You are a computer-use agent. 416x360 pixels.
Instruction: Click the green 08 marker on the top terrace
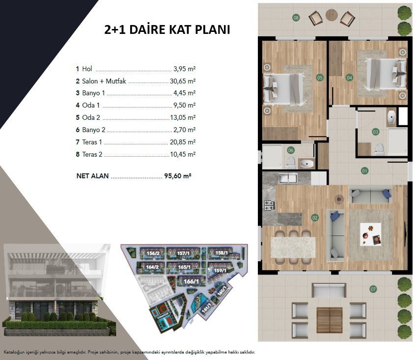coord(296,18)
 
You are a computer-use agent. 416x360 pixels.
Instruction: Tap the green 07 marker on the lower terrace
coord(373,289)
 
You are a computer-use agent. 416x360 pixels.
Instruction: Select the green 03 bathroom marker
coord(375,132)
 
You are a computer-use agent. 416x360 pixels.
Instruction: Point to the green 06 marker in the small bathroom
coord(291,150)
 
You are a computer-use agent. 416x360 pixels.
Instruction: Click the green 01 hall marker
coord(364,171)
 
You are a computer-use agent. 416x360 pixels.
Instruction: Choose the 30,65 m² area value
coord(183,81)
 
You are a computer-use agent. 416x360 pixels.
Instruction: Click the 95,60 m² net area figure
coord(178,176)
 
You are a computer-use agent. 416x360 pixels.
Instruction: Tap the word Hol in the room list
coord(87,69)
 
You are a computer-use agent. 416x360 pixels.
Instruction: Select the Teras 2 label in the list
coord(92,154)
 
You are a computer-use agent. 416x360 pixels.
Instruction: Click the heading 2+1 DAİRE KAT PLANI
coord(167,29)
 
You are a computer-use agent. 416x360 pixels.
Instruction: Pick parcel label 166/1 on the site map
coord(191,281)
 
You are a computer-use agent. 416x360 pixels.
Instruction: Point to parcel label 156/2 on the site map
coord(153,253)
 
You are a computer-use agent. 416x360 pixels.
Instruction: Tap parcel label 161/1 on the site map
coord(206,308)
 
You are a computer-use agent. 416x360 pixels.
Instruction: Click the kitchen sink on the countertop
coord(288,177)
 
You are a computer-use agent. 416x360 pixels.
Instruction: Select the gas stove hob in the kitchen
coord(269,205)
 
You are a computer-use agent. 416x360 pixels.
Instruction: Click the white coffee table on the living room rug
coord(370,234)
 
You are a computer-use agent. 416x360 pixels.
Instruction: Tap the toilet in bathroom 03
coord(379,149)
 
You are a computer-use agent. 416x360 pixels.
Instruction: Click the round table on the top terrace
coord(332,15)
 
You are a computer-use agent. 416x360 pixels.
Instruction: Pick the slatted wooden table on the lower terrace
coord(329,319)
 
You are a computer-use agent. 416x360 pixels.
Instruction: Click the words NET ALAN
coord(92,176)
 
